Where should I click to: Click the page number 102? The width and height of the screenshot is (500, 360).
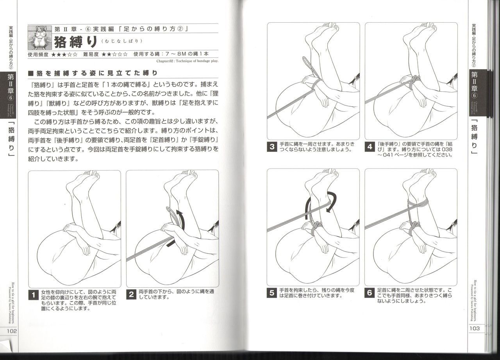(x=9, y=330)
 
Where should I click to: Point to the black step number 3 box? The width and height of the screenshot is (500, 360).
(x=272, y=147)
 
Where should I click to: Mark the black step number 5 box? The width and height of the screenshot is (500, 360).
(x=272, y=292)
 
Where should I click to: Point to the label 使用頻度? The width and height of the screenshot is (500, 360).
(x=38, y=55)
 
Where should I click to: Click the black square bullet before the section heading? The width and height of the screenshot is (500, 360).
(x=31, y=73)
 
